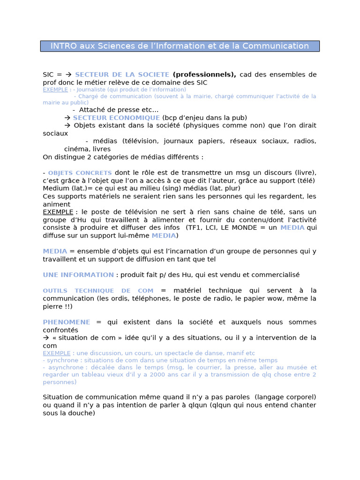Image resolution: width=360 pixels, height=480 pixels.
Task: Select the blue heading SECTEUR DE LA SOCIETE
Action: pyautogui.click(x=122, y=75)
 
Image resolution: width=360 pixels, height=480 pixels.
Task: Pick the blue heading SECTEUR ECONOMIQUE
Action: pyautogui.click(x=116, y=118)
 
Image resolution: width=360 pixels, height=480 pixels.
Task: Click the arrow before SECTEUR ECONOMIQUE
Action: pyautogui.click(x=67, y=118)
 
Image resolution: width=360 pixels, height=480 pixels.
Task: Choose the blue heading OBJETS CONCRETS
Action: pyautogui.click(x=80, y=173)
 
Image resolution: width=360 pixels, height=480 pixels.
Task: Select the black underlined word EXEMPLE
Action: pyautogui.click(x=58, y=212)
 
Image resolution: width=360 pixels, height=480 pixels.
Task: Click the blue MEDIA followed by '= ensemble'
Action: pyautogui.click(x=55, y=251)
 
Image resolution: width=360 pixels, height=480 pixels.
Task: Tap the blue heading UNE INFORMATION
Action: pyautogui.click(x=78, y=275)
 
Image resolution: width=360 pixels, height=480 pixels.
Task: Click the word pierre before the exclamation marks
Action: pyautogui.click(x=53, y=306)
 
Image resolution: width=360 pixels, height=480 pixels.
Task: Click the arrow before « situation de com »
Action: pyautogui.click(x=46, y=337)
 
